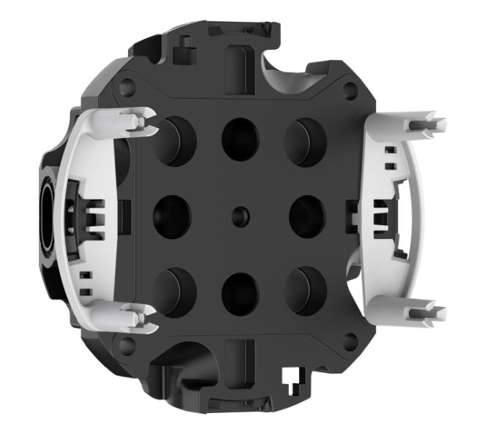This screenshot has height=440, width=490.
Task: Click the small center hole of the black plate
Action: pos(241,215)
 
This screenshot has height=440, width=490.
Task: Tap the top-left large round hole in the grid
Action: pos(175,140)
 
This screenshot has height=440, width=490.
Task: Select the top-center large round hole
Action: pos(241,137)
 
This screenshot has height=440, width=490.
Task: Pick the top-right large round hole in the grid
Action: pos(306,140)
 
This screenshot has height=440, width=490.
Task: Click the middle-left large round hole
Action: pos(172,216)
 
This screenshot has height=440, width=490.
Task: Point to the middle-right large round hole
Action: pos(307,216)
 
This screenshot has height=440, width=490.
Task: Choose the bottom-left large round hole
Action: pos(175,291)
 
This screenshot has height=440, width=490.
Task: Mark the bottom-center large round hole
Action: pos(241,294)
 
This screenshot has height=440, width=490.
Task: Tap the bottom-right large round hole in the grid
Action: pos(306,291)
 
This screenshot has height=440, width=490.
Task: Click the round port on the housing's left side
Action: pos(42,216)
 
